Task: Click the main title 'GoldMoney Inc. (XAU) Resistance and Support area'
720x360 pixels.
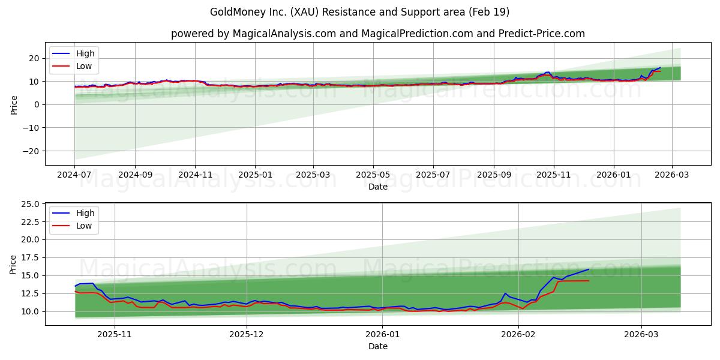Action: (x=359, y=12)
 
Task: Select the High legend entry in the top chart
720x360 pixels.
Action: (x=85, y=53)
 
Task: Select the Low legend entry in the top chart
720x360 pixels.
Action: (x=85, y=65)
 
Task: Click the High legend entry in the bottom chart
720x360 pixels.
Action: (x=84, y=214)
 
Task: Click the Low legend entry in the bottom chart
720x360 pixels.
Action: (x=84, y=226)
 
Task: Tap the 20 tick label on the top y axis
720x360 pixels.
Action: (x=34, y=58)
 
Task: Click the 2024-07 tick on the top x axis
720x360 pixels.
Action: (x=74, y=175)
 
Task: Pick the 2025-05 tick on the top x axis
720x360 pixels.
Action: (x=373, y=175)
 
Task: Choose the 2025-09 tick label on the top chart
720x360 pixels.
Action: (x=494, y=175)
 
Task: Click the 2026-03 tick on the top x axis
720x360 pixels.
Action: (x=671, y=175)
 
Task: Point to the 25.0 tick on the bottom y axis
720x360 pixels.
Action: (x=31, y=204)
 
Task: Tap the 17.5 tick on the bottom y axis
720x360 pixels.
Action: (x=31, y=257)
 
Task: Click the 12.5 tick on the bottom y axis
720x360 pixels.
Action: (x=31, y=293)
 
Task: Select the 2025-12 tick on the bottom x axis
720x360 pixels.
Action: (x=247, y=335)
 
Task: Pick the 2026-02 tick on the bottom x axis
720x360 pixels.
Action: (x=518, y=335)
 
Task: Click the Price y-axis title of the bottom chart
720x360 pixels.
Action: (x=13, y=265)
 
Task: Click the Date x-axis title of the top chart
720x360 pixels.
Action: (x=377, y=187)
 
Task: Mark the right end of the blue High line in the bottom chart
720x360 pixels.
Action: (x=589, y=269)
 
